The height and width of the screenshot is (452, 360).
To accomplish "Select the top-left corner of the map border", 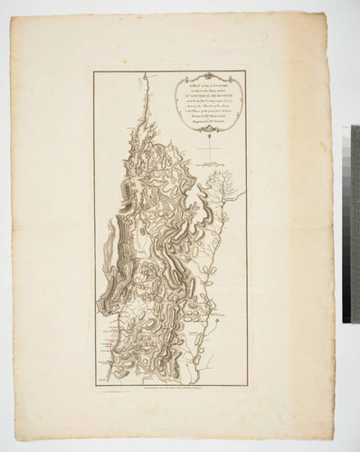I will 94,71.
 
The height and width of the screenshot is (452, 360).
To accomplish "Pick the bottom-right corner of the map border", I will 245,383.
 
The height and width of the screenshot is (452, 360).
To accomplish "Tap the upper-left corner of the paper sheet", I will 12,13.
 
